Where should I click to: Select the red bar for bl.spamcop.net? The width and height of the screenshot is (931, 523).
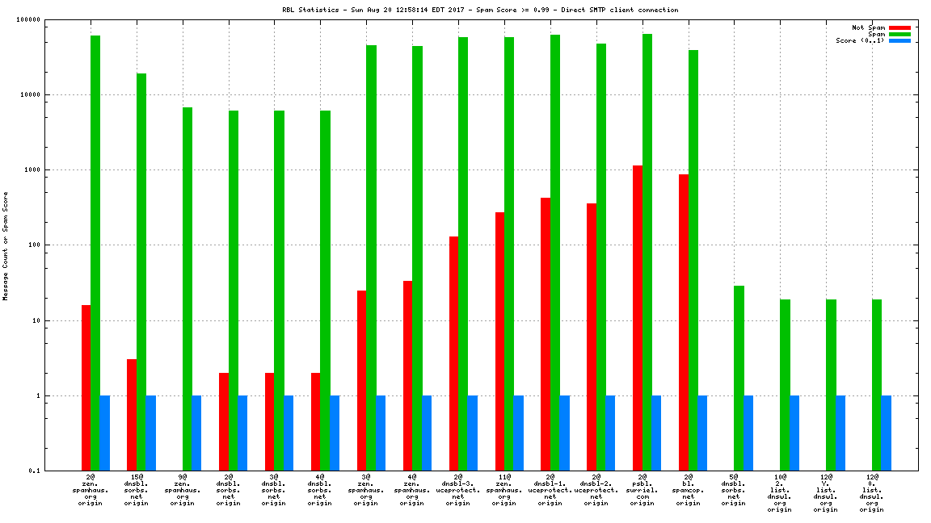point(684,322)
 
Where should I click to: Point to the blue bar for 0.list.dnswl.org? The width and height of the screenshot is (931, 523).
point(887,433)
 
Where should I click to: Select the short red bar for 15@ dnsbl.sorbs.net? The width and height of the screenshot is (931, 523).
point(132,415)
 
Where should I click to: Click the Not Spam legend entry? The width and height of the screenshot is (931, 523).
point(869,27)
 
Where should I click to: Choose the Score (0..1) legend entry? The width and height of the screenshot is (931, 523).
point(862,40)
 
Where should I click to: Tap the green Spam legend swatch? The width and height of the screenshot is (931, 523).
point(899,34)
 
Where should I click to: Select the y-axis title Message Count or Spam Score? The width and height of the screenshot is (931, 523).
point(6,245)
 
